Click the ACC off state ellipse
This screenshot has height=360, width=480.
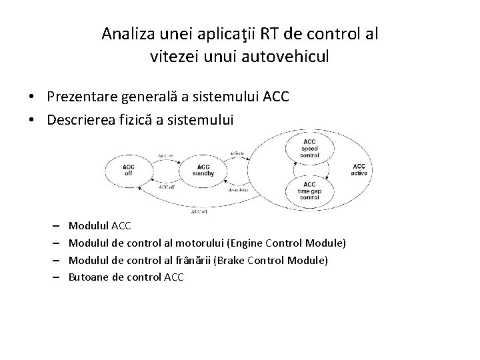[x=129, y=169]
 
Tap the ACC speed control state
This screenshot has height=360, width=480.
[x=310, y=149]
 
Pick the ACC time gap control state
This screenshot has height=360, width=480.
[x=310, y=191]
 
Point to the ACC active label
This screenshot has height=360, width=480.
[x=359, y=169]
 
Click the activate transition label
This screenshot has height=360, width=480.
[x=239, y=153]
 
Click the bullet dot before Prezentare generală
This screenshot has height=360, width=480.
[x=32, y=97]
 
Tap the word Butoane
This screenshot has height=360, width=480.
[x=89, y=276]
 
